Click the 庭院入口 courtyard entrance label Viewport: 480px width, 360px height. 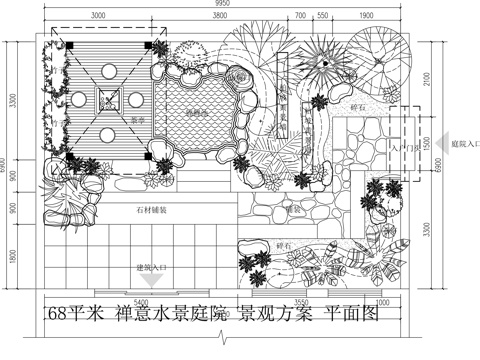(464, 143)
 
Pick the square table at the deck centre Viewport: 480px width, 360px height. (107, 99)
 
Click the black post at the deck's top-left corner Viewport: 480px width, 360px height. (62, 45)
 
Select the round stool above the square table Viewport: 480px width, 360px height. (107, 69)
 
